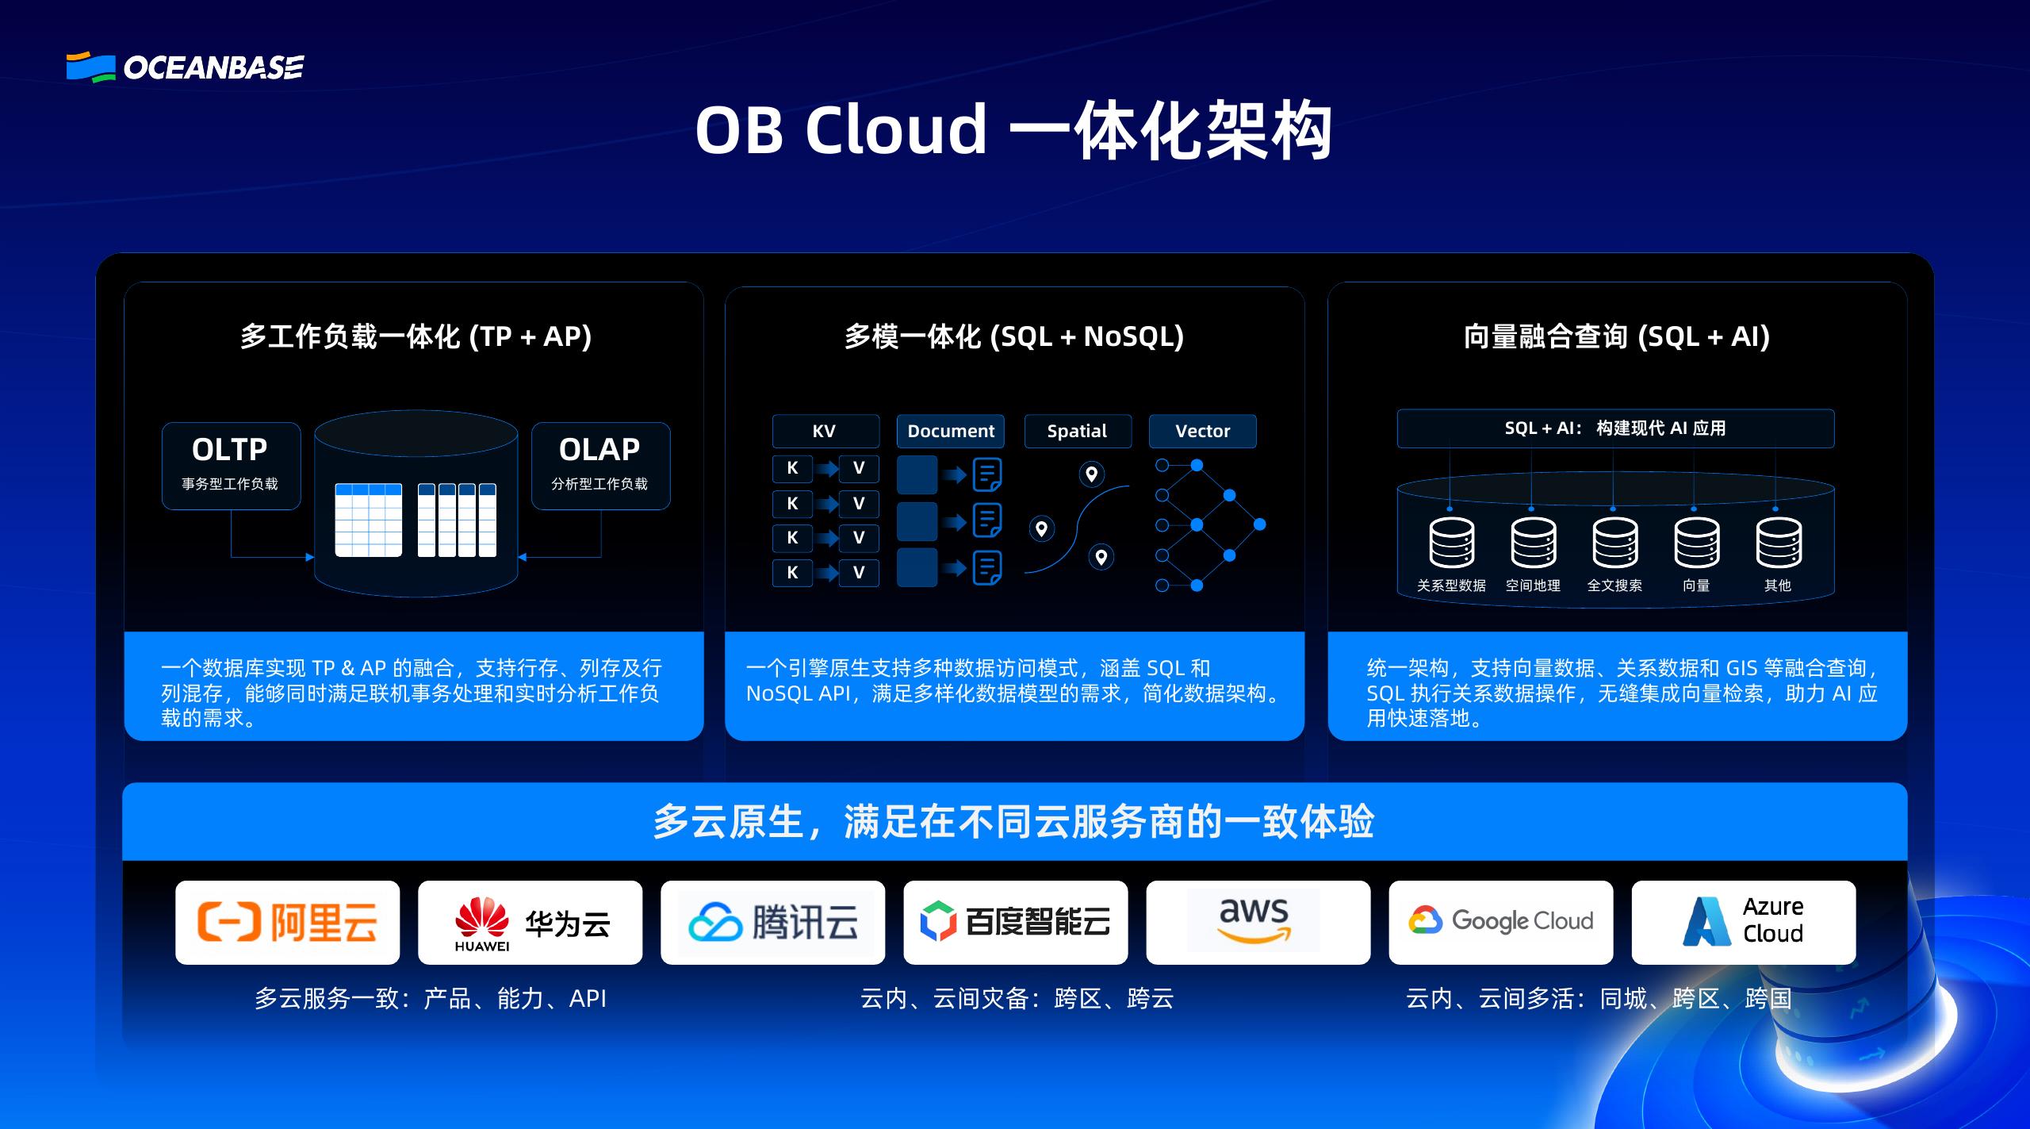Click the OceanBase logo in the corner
(185, 67)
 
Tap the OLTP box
(231, 465)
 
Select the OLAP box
(600, 465)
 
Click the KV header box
(825, 431)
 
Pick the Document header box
(950, 431)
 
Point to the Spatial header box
(1077, 431)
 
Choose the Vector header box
(1202, 431)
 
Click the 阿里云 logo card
(287, 922)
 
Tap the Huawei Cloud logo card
(530, 922)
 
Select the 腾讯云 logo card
(772, 922)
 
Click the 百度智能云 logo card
(1015, 922)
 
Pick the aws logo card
(1258, 922)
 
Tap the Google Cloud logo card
(1500, 922)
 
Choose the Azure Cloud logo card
(1743, 922)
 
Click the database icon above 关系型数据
(1451, 543)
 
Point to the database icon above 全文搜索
(1614, 543)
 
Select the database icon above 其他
(1778, 543)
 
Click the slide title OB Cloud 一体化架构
(1013, 130)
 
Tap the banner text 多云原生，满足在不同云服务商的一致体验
(1013, 821)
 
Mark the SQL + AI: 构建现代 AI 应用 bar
(1615, 428)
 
